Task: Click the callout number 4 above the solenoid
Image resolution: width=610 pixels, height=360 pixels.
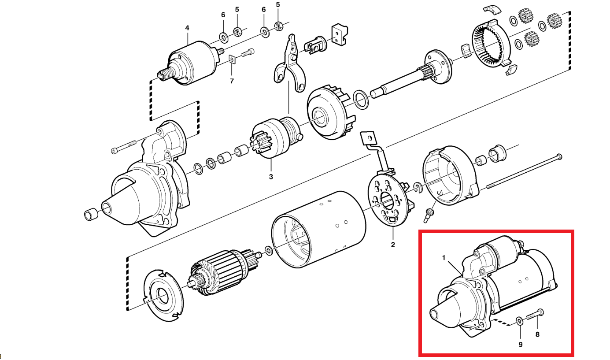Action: (x=187, y=28)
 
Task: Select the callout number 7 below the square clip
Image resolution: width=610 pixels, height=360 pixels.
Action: (x=232, y=81)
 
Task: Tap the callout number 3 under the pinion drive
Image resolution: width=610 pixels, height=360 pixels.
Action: (x=271, y=177)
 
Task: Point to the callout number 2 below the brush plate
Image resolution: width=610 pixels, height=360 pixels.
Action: (x=392, y=245)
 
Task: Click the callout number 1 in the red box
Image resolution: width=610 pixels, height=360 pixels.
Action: (x=444, y=256)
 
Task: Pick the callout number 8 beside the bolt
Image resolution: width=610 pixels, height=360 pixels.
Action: (x=537, y=334)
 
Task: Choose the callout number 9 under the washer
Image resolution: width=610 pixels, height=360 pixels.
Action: (x=520, y=344)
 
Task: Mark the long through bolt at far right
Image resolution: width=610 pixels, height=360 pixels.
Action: (x=524, y=172)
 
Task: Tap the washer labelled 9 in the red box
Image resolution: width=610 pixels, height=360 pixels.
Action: (x=520, y=321)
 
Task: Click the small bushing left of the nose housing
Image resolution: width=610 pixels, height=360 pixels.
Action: (x=91, y=215)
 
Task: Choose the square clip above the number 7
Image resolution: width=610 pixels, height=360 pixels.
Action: (x=232, y=59)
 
